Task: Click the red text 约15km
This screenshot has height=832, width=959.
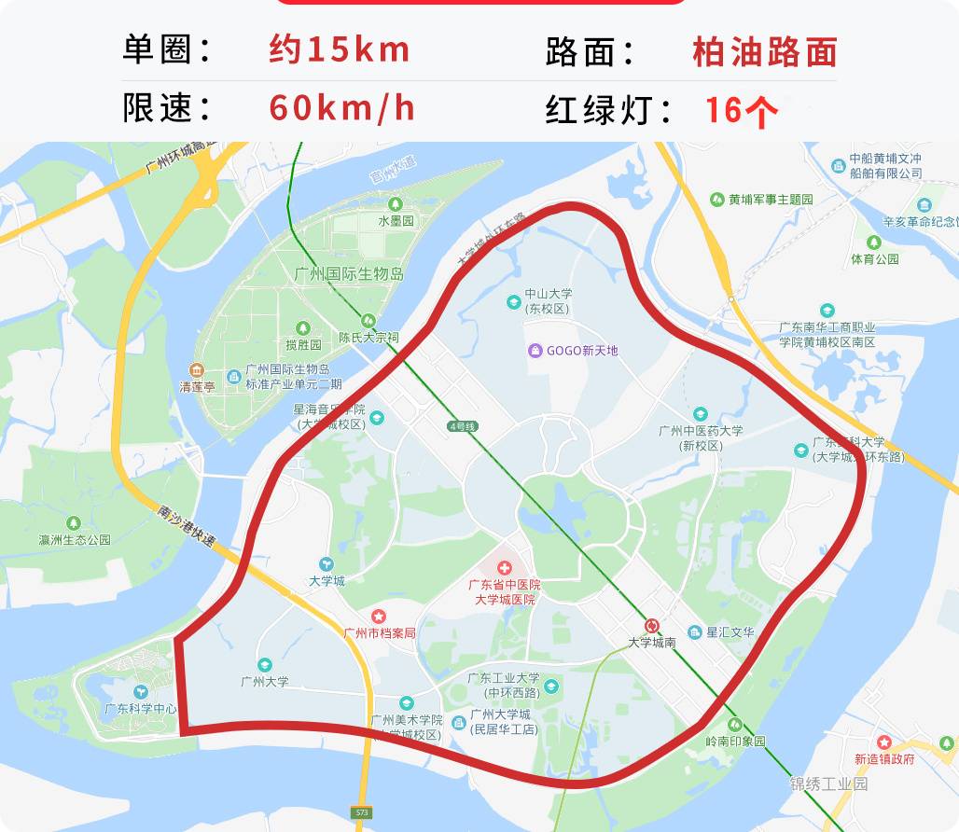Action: click(340, 49)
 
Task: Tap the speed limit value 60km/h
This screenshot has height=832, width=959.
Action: click(341, 108)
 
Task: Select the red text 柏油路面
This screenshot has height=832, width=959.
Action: click(764, 52)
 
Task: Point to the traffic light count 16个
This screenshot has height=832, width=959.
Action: click(741, 110)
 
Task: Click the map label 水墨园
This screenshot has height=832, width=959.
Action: click(396, 221)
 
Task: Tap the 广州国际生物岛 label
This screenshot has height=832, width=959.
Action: click(349, 274)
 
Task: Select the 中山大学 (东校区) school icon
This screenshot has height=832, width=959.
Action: click(513, 301)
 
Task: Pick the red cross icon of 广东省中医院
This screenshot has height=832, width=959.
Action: click(505, 567)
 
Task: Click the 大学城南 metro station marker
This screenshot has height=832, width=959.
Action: click(651, 626)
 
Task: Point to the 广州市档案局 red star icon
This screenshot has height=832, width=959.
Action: click(379, 617)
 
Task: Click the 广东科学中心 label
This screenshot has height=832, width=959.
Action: click(141, 708)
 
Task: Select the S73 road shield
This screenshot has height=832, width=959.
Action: click(362, 813)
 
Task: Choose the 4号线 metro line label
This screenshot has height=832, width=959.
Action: click(462, 426)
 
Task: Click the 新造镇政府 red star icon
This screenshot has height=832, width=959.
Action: click(883, 742)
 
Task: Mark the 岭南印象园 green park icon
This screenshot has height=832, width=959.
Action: click(734, 725)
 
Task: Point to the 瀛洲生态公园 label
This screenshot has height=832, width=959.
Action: click(75, 540)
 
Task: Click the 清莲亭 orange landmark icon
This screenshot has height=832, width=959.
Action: click(196, 370)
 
